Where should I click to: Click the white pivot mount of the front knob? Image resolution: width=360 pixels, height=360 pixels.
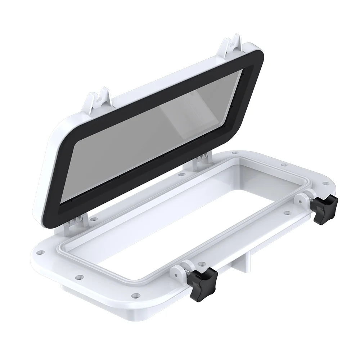[x=180, y=270]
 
